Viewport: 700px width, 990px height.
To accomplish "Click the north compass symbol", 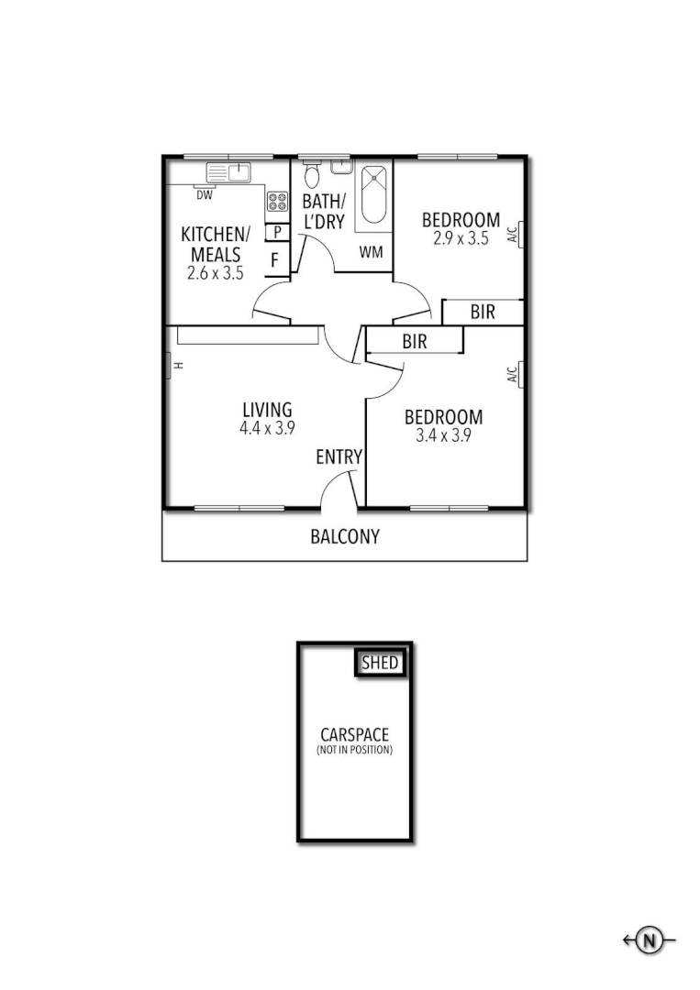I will pos(650,940).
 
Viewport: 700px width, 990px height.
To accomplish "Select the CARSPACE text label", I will pos(354,734).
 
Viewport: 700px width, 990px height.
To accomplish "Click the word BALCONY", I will pos(344,537).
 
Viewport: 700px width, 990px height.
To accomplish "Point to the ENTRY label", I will pos(339,456).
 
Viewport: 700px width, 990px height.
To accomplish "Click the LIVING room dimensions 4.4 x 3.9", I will pos(266,427).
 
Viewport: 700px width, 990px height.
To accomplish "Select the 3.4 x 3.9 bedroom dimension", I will pos(443,435).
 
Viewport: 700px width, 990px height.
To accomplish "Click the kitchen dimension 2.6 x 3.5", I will pos(215,272).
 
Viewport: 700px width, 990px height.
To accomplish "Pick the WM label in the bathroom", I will pos(371,252).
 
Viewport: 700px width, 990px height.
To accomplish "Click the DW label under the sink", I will pos(205,194).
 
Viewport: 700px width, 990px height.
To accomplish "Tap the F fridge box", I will pos(274,260).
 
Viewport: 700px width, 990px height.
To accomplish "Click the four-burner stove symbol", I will pos(277,202).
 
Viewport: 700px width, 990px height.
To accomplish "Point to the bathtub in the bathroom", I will pos(373,193).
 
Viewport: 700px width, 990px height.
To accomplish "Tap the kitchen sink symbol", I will pos(228,172).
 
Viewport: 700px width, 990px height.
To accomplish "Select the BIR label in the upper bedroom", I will pos(483,312).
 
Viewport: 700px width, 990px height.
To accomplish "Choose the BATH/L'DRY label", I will pos(324,211).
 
